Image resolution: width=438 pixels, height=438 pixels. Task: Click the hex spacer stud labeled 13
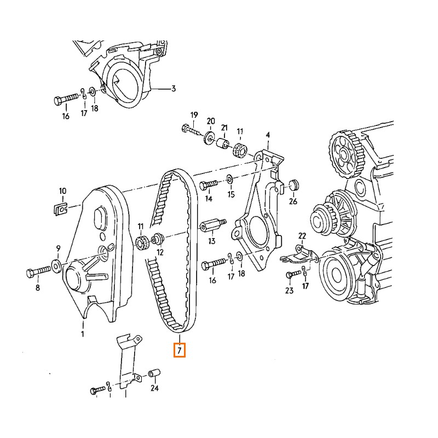click(x=211, y=226)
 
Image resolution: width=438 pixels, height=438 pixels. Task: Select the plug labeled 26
click(x=292, y=184)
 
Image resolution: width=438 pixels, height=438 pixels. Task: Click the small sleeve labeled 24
click(x=154, y=374)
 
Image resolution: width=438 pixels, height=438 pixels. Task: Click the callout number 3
click(x=173, y=88)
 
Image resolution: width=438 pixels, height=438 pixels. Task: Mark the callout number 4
click(x=268, y=135)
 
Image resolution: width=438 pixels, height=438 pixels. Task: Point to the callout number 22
click(x=302, y=235)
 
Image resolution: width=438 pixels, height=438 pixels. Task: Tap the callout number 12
click(x=160, y=252)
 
